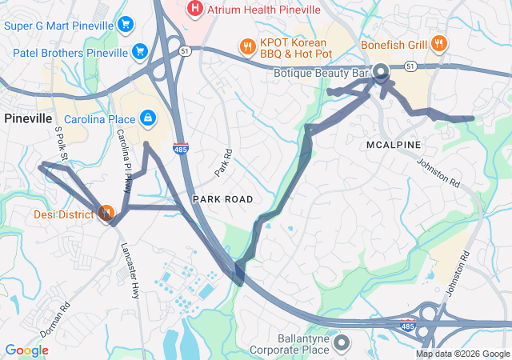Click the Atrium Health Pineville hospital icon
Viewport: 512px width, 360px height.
click(194, 9)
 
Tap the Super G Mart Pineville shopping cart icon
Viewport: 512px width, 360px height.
click(125, 25)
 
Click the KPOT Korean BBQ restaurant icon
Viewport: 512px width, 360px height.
click(247, 45)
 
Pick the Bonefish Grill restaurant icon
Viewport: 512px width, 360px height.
click(438, 44)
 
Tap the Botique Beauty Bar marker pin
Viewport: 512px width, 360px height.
click(380, 71)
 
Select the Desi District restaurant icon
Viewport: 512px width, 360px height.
click(106, 213)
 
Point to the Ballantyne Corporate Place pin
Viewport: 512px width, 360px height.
click(342, 342)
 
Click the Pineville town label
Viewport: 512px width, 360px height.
click(28, 118)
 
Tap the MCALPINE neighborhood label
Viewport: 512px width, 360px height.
click(394, 145)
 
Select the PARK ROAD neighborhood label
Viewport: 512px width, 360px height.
click(222, 198)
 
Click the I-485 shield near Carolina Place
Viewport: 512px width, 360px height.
click(181, 149)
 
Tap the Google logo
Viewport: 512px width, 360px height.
click(26, 350)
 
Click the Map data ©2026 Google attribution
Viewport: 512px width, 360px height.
click(462, 354)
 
